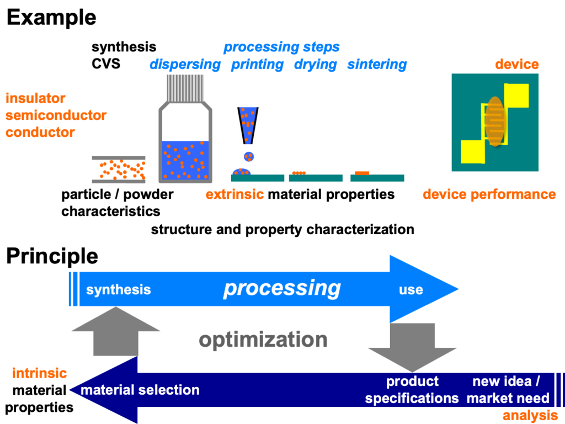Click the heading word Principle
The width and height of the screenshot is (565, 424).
(x=52, y=256)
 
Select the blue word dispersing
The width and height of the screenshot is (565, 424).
(x=185, y=64)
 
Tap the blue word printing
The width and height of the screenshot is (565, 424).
(x=257, y=64)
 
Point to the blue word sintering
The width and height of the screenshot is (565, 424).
(x=377, y=64)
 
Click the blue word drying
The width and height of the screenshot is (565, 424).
(x=315, y=64)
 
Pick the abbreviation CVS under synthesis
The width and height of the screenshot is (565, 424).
(x=106, y=64)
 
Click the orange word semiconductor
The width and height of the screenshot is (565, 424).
(x=56, y=115)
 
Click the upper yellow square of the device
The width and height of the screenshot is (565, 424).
(x=516, y=95)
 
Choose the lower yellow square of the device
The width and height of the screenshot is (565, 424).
(x=473, y=151)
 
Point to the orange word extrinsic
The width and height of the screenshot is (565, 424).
(x=235, y=194)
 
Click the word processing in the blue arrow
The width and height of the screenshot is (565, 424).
(x=282, y=288)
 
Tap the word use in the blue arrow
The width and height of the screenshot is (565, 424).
(x=411, y=289)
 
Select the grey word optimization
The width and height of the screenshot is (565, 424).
(x=263, y=339)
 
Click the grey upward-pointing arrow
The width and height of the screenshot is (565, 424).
(x=116, y=331)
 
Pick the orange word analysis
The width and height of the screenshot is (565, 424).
(x=530, y=416)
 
